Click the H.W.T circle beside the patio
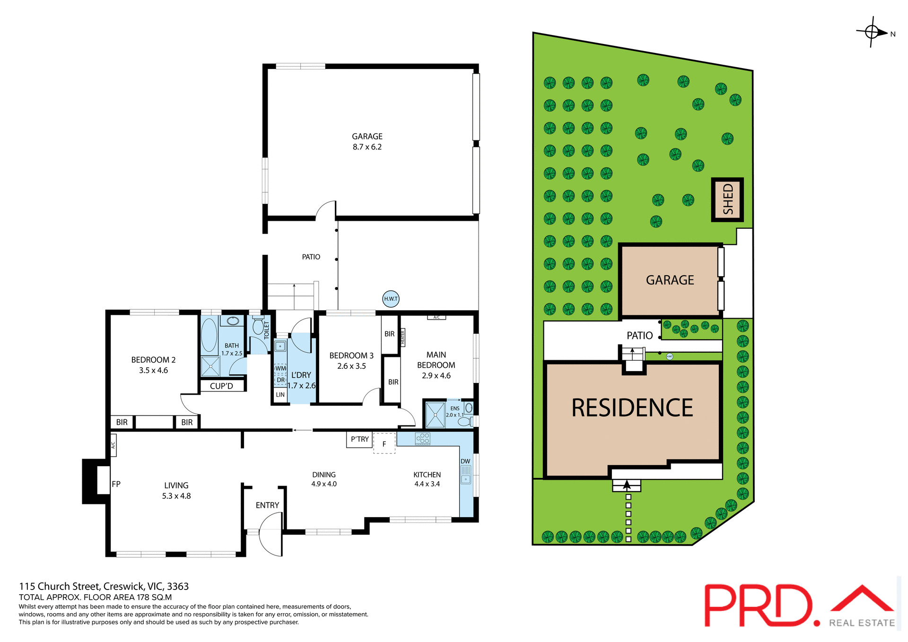coord(391,298)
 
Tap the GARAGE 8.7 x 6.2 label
coord(367,141)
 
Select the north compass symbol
coord(873,32)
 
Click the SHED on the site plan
coord(728,200)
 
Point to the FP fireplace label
coord(116,484)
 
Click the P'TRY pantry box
coord(359,439)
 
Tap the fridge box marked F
coord(384,444)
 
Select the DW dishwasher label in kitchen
coord(465,461)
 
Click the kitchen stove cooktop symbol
coord(422,439)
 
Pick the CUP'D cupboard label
coord(221,386)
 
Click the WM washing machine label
coord(280,368)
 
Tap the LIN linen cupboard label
coord(280,395)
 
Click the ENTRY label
coord(267,505)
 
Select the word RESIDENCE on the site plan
coord(632,408)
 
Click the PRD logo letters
coord(759,606)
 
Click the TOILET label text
coord(267,330)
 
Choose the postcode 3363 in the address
coord(178,586)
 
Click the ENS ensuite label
coord(455,408)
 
